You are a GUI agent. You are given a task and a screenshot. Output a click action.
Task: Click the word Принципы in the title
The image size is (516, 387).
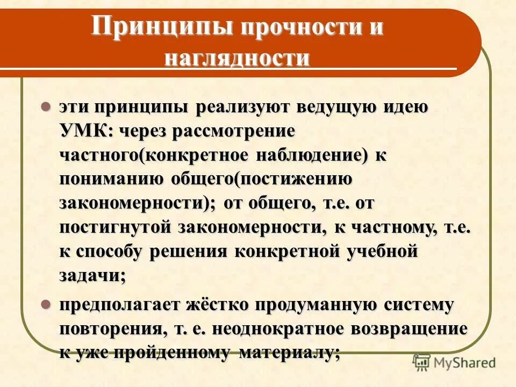(163, 27)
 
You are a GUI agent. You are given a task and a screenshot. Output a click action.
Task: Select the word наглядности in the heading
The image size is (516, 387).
(237, 58)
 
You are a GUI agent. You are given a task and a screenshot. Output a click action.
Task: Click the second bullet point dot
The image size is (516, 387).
(46, 305)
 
